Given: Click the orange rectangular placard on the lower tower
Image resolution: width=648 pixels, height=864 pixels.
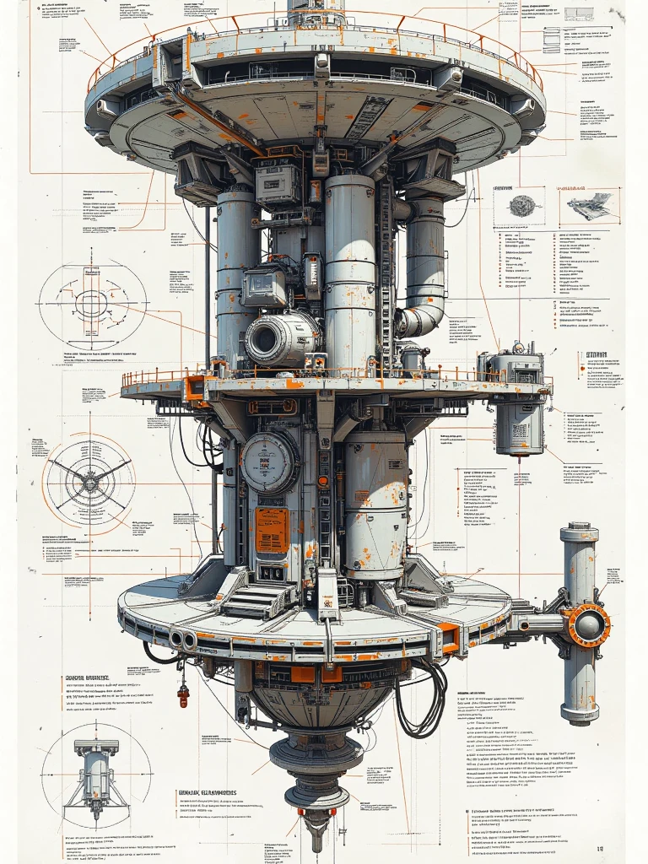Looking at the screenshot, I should click(272, 530).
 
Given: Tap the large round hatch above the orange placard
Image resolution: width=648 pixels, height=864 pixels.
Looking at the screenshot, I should click(268, 462).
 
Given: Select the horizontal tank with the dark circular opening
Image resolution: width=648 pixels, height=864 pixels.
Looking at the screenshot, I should click(282, 338).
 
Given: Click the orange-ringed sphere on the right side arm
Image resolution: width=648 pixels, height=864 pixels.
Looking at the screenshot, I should click(588, 625).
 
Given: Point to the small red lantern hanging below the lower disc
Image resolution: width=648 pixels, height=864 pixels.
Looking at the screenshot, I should click(183, 696).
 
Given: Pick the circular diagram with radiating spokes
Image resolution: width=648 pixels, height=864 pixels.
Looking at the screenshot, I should click(89, 478).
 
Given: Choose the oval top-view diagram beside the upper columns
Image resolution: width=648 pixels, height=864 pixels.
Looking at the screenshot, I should click(91, 302).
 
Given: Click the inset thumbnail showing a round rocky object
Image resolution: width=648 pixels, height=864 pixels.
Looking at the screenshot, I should click(523, 206).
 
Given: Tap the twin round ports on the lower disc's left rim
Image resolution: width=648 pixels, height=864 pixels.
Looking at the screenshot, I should click(182, 640).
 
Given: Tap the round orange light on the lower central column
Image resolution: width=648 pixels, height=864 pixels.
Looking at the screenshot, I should click(323, 482).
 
